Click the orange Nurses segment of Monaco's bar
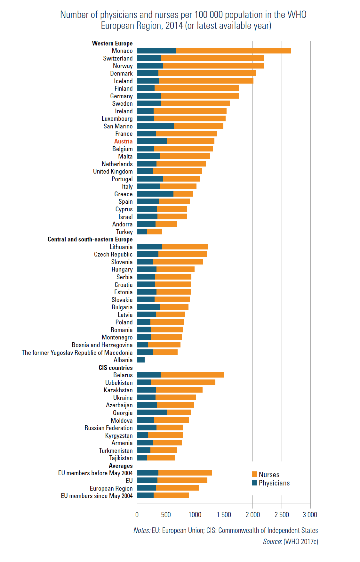233,51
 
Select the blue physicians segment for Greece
155,194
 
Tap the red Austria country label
123,141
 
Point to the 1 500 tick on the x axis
224,515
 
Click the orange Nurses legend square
255,474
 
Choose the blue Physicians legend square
255,483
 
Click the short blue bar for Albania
141,360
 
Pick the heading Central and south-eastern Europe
90,239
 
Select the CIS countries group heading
116,368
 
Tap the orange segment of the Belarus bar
192,375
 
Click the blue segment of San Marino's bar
156,126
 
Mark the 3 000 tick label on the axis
310,515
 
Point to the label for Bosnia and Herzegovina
102,345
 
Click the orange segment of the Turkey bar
155,232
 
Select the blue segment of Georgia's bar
152,412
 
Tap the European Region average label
111,488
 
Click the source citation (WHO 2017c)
300,542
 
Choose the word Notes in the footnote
141,530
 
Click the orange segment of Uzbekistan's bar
183,382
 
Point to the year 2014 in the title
174,26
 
